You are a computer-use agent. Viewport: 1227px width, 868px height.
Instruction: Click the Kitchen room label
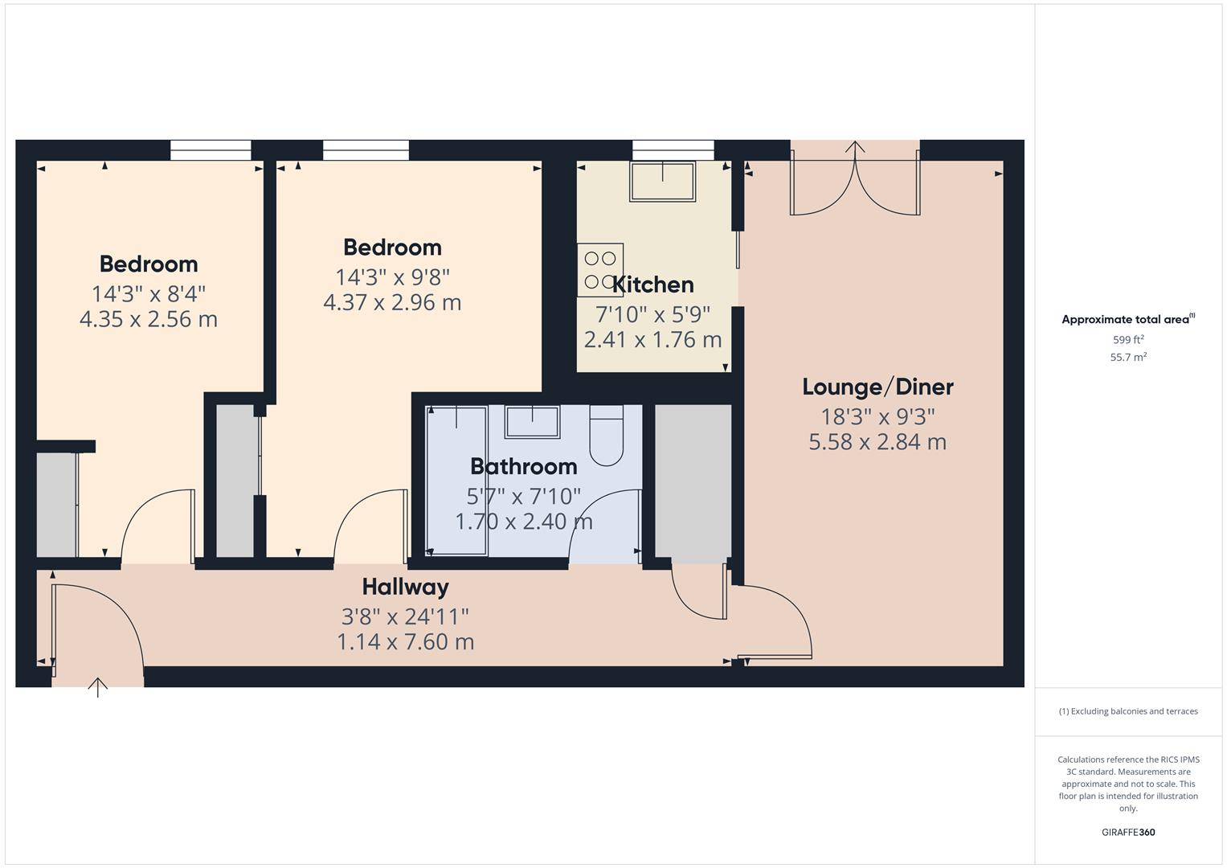[x=652, y=285]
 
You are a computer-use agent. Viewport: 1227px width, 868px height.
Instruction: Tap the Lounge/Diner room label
[x=877, y=387]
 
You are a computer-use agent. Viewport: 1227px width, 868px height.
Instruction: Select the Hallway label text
[x=405, y=587]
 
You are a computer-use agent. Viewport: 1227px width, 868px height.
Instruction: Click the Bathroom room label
[x=523, y=466]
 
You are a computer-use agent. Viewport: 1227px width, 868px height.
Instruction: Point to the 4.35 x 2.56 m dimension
[x=149, y=319]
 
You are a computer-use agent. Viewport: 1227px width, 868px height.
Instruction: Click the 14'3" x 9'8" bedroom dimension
[x=392, y=276]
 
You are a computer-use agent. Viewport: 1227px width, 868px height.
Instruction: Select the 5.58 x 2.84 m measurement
[x=877, y=442]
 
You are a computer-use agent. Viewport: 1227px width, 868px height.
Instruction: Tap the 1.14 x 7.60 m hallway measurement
[x=405, y=642]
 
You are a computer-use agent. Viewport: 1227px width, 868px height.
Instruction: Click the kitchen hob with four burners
[x=600, y=270]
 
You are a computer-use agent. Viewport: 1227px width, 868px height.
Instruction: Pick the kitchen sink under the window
[x=663, y=181]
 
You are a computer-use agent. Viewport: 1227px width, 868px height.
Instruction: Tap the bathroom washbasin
[x=532, y=421]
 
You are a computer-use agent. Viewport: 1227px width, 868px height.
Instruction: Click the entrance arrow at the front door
[x=97, y=688]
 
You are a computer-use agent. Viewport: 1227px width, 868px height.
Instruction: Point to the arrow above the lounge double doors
[x=855, y=149]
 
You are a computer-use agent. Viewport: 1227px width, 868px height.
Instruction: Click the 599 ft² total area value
[x=1128, y=340]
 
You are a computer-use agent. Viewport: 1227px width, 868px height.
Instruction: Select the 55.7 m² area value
[x=1128, y=358]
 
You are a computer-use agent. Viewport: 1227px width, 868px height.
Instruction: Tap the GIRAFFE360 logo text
[x=1128, y=833]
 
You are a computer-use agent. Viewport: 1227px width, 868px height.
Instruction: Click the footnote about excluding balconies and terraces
[x=1128, y=711]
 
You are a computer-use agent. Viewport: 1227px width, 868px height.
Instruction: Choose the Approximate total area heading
[x=1127, y=320]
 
